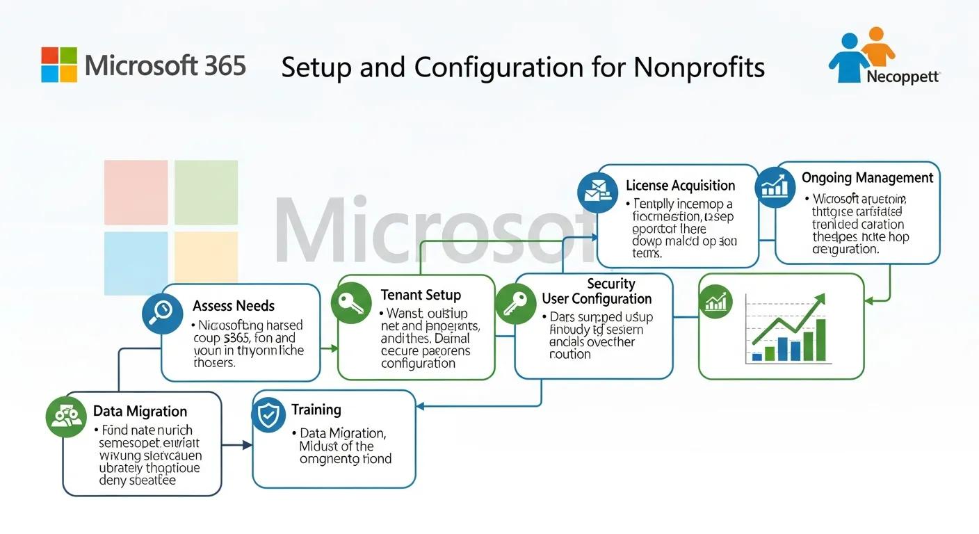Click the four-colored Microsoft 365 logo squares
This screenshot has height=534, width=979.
click(59, 65)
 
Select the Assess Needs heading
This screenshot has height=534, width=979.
click(234, 306)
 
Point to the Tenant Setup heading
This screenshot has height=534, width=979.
click(421, 295)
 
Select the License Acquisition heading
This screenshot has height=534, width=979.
click(680, 186)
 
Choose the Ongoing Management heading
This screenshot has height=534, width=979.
click(867, 178)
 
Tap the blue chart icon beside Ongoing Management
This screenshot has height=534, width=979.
click(774, 186)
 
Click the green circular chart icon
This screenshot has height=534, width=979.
click(715, 303)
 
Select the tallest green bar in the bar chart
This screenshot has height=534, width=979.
click(820, 340)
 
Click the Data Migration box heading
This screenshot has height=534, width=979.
click(140, 412)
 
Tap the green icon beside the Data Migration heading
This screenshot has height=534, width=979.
click(65, 416)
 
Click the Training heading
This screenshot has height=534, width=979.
click(316, 410)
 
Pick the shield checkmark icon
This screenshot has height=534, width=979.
click(268, 415)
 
